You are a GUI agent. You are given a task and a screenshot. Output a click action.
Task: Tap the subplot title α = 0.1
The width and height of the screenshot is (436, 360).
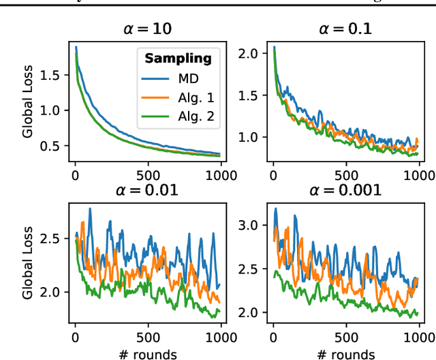coord(345,29)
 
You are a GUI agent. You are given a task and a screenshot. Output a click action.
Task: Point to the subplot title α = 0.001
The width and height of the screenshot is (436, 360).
coord(345,190)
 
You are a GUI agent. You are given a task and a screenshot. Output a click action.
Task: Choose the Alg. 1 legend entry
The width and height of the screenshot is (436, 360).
coord(194,98)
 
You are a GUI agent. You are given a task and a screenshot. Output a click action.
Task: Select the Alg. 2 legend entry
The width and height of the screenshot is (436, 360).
coord(194,117)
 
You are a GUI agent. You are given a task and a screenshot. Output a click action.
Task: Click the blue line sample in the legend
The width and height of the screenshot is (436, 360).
coord(155,79)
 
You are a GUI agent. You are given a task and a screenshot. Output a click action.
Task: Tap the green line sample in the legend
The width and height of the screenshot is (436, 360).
coord(155,117)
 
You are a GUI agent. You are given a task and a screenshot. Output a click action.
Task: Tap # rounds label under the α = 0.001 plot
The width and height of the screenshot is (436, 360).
coord(345,353)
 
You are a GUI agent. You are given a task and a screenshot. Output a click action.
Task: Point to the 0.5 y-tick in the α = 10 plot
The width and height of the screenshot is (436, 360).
coord(57,146)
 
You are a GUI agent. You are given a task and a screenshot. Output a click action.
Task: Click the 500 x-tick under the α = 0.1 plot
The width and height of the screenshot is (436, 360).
coord(346,174)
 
